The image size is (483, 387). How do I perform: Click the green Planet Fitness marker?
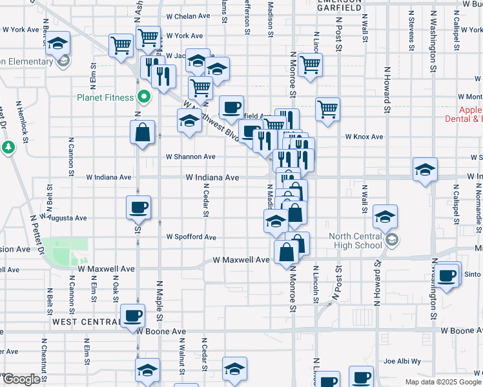tap(145, 98)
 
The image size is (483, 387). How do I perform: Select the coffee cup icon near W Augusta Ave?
tap(138, 208)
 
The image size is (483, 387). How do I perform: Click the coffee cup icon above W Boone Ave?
tap(133, 315)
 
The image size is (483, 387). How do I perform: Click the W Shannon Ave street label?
tap(190, 157)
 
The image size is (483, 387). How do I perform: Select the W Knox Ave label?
tap(364, 137)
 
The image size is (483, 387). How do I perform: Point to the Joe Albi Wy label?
tap(402, 362)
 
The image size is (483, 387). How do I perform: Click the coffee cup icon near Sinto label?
tap(446, 275)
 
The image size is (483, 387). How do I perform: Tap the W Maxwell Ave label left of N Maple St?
tap(107, 268)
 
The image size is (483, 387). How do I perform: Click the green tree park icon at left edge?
tap(8, 148)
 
